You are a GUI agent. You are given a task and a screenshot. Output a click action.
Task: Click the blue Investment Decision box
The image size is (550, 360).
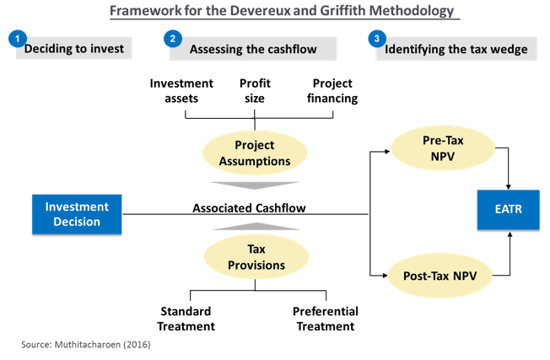77,214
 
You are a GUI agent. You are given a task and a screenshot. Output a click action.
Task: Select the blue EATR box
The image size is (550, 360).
509,210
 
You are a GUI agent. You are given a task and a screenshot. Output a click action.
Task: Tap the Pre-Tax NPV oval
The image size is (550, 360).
443,148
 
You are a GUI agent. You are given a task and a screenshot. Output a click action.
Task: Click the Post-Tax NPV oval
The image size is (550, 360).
439,276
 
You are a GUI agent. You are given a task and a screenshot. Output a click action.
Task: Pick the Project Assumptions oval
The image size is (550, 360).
255,153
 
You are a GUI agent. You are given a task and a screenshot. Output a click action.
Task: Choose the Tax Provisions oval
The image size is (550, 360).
256,257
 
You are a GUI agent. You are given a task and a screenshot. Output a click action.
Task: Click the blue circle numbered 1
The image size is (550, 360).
18,39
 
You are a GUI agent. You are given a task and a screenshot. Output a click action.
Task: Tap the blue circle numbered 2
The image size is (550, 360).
173,39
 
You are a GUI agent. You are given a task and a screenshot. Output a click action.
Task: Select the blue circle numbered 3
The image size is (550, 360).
377,39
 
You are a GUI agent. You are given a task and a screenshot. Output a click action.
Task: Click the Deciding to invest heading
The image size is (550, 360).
74,48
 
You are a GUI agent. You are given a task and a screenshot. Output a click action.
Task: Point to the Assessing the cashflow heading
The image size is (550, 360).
253,49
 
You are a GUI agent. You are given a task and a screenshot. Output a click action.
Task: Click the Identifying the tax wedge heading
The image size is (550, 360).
456,49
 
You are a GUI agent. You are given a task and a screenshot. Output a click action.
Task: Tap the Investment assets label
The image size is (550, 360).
181,91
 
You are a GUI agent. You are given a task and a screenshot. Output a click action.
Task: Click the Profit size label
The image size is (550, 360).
255,91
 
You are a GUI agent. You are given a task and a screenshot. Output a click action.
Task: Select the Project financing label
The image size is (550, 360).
332,91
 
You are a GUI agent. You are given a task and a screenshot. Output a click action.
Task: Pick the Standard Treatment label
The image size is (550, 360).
186,319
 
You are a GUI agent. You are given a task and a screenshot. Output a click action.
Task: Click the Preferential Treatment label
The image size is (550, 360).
326,319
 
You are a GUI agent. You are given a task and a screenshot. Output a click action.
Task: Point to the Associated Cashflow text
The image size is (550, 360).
249,208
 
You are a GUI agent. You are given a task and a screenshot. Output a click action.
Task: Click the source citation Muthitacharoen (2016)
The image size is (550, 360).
102,345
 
